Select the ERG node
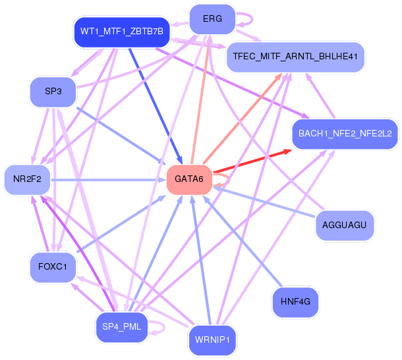pos(212,18)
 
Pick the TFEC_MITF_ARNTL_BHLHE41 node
pos(295,57)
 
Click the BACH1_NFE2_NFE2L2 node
pos(345,133)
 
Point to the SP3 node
pos(53,91)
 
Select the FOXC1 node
pos(53,267)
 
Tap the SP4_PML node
pos(122,326)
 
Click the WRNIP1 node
pos(212,340)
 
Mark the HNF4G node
pos(295,301)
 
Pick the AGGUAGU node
pos(345,225)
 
